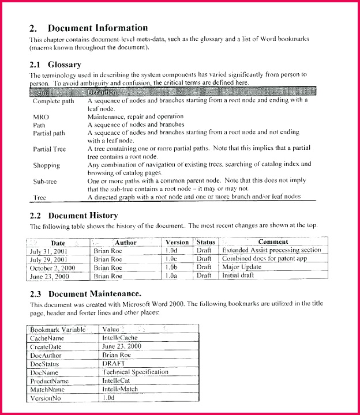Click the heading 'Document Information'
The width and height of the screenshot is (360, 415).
97,28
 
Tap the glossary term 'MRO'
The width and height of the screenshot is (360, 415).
41,116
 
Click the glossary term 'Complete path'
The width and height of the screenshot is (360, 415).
54,101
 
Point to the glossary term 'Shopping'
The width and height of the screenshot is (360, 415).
46,165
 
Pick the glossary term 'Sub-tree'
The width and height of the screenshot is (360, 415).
45,181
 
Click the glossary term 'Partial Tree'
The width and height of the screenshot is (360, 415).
49,149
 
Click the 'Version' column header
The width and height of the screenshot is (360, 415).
177,242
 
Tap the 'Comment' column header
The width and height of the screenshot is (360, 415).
273,242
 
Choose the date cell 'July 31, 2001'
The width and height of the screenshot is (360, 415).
50,251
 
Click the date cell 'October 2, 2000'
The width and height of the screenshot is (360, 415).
53,268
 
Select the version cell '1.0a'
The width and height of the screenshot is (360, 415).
171,276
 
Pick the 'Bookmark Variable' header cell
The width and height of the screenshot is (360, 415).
58,329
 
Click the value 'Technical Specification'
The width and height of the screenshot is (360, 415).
135,372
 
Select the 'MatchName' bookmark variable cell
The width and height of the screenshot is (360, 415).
48,390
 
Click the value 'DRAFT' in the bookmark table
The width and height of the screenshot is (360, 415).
114,364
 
